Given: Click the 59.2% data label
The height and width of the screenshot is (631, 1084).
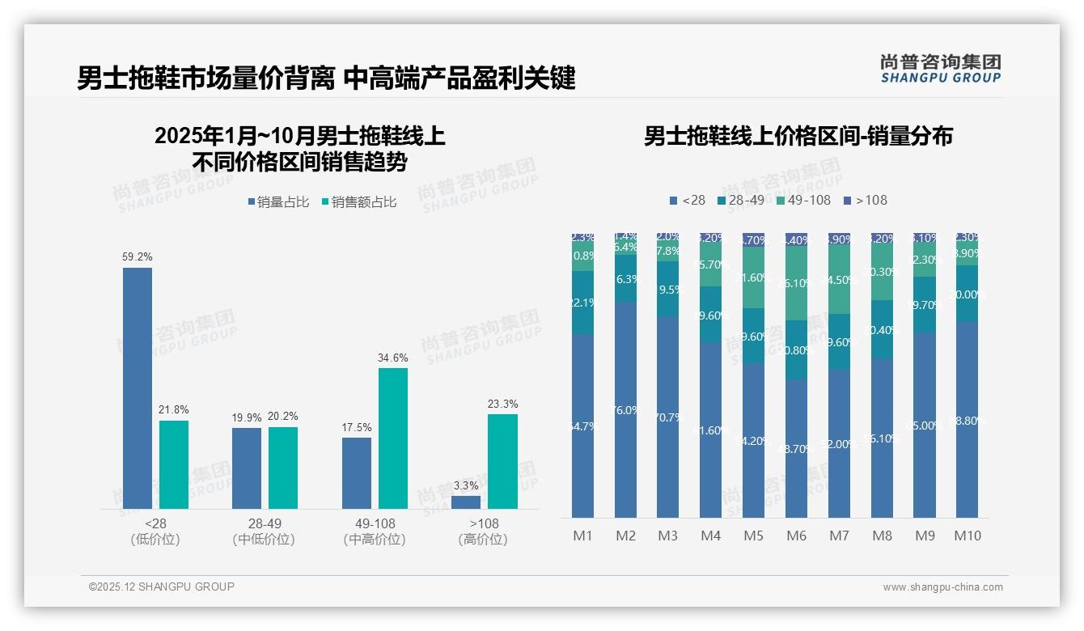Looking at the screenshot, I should pyautogui.click(x=138, y=256).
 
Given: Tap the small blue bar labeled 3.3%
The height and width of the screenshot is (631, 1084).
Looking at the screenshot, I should pyautogui.click(x=466, y=502).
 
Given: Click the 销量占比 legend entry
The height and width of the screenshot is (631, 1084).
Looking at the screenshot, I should pyautogui.click(x=278, y=202).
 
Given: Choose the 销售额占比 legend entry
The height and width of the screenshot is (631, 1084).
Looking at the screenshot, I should pyautogui.click(x=359, y=202).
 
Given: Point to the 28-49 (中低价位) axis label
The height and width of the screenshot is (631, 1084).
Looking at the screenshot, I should pyautogui.click(x=264, y=531).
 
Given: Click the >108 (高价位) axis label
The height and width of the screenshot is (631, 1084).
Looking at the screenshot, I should pyautogui.click(x=483, y=531).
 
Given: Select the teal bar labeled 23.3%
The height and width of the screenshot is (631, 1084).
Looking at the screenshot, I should pyautogui.click(x=502, y=461).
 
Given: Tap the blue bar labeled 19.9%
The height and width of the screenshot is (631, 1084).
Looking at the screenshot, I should pyautogui.click(x=247, y=468).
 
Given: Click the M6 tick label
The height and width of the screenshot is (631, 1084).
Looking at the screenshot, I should pyautogui.click(x=796, y=536).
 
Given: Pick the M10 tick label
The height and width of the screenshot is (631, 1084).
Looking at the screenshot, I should pyautogui.click(x=967, y=536).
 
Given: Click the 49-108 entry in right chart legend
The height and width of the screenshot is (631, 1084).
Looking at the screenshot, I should pyautogui.click(x=803, y=200).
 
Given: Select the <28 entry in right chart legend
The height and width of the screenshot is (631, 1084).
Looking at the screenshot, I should pyautogui.click(x=687, y=200).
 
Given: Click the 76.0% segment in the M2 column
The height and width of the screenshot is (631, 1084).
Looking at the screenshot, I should pyautogui.click(x=625, y=409).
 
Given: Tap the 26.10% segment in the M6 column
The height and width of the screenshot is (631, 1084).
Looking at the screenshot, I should pyautogui.click(x=796, y=283).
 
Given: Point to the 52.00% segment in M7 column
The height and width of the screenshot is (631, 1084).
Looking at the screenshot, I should pyautogui.click(x=839, y=443).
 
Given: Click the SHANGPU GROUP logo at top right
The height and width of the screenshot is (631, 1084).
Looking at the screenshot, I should pyautogui.click(x=940, y=69).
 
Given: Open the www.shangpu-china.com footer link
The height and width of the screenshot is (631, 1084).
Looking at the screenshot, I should pyautogui.click(x=942, y=587).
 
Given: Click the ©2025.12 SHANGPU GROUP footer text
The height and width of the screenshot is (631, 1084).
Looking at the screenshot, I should pyautogui.click(x=162, y=587).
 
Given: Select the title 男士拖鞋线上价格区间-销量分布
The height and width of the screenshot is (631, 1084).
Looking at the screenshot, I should pyautogui.click(x=798, y=136).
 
